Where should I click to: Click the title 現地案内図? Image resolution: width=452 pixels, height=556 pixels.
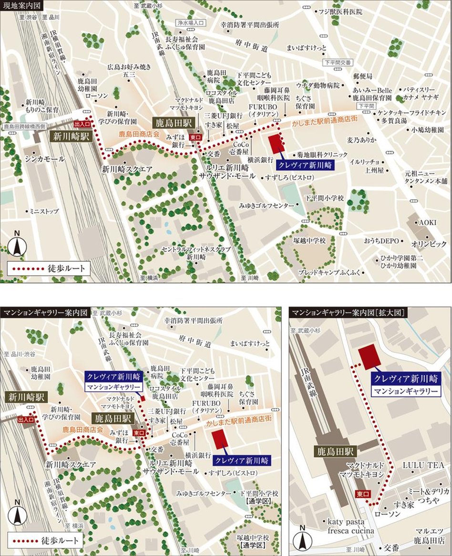[22, 6]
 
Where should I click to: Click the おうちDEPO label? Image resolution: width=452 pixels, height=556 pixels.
[381, 241]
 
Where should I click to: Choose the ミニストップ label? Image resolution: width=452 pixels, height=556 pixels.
[43, 211]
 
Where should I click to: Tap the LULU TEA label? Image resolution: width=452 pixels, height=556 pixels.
[423, 465]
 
